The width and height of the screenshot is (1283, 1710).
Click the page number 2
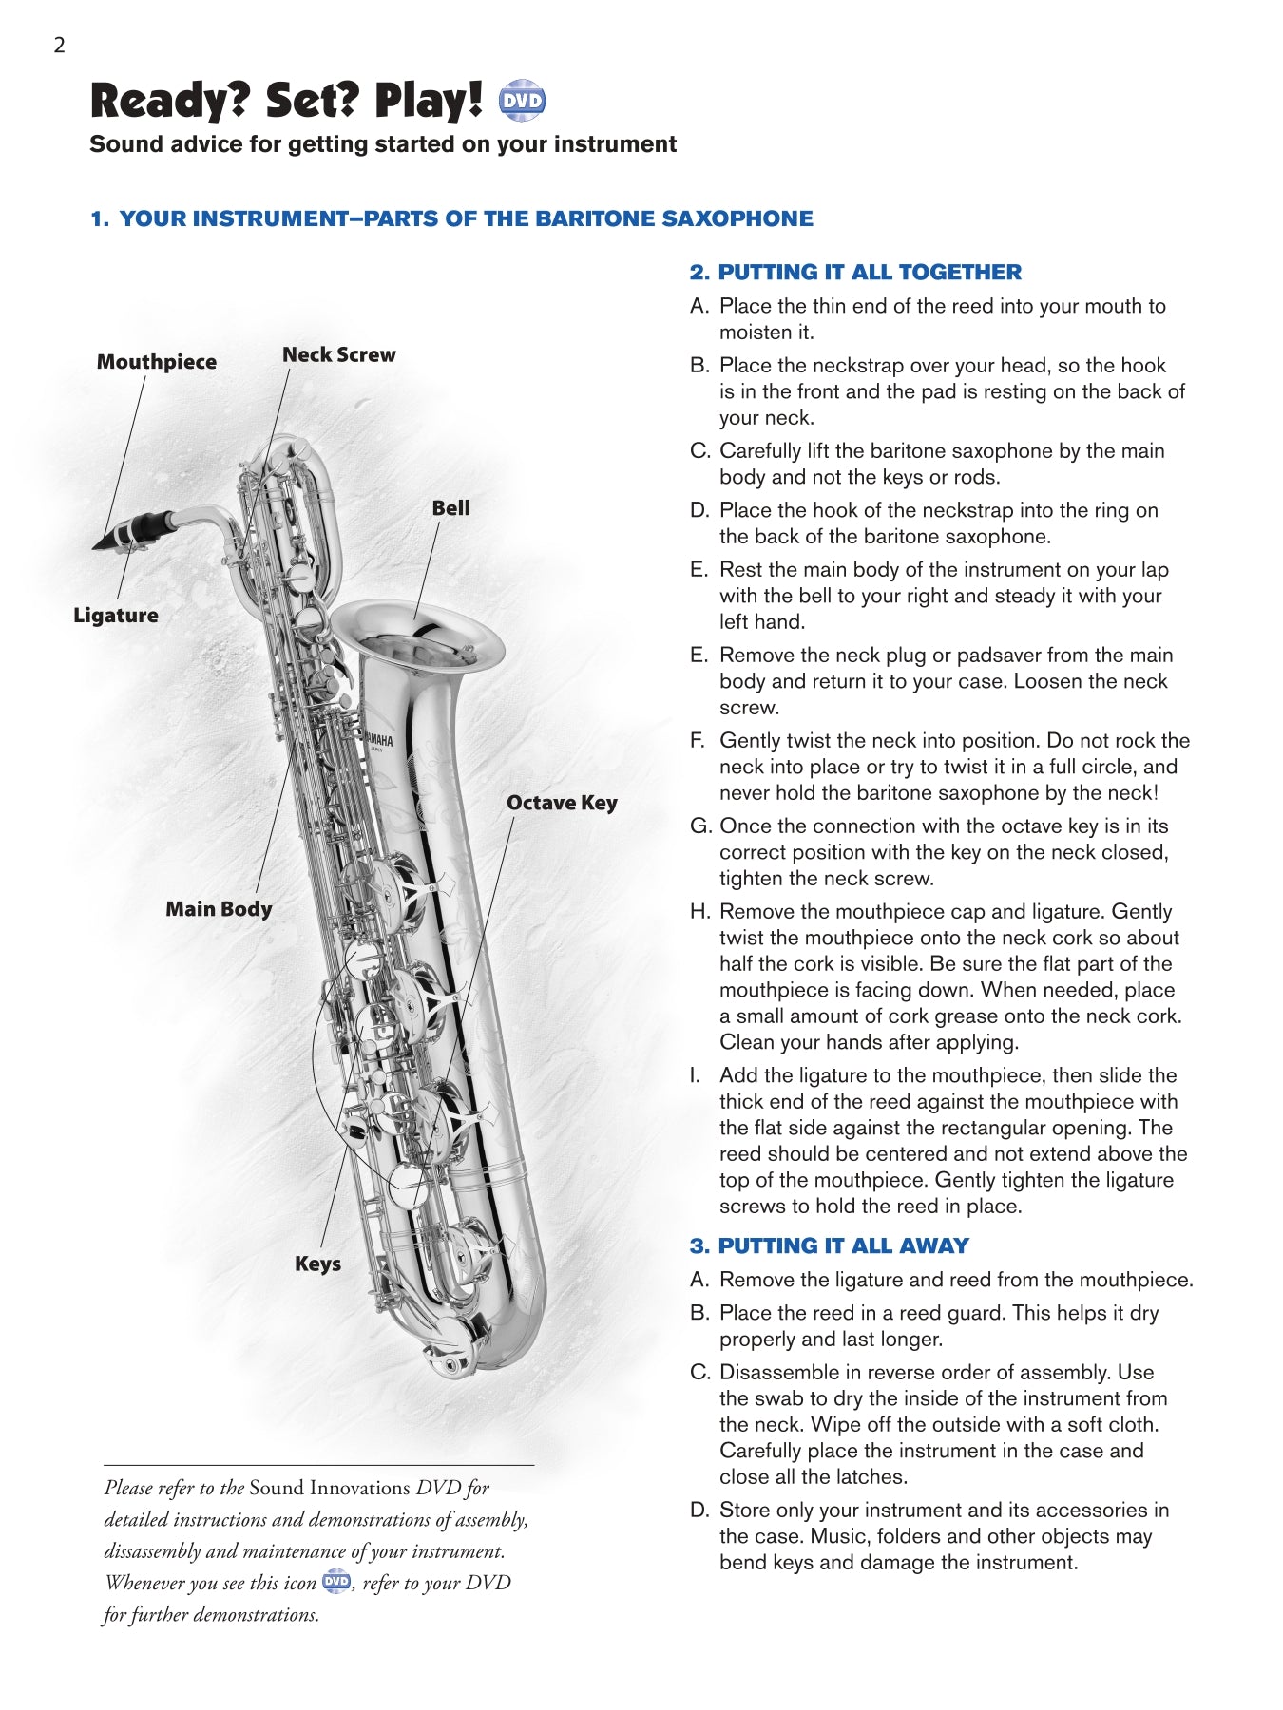tap(59, 46)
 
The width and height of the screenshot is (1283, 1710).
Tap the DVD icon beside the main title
tap(522, 101)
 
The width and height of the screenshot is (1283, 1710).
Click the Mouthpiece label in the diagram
tap(156, 362)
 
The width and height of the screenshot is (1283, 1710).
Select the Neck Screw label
tap(338, 354)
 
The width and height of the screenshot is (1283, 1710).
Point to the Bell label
tap(450, 508)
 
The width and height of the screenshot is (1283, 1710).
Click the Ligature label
tap(115, 616)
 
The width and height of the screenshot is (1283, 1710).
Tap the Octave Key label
tap(561, 803)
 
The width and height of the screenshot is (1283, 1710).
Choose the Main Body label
tap(219, 909)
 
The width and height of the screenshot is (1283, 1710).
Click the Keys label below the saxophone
tap(317, 1263)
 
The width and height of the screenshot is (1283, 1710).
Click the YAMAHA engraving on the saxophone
tap(379, 740)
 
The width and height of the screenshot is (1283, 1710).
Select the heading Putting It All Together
tap(855, 273)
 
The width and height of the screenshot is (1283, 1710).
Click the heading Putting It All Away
tap(830, 1245)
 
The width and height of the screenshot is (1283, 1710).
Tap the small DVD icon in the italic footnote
tap(336, 1582)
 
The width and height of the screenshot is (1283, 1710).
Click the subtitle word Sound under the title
tap(121, 144)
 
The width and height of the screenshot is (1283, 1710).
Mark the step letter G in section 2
tap(700, 826)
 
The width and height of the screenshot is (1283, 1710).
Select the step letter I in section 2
tap(695, 1075)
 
